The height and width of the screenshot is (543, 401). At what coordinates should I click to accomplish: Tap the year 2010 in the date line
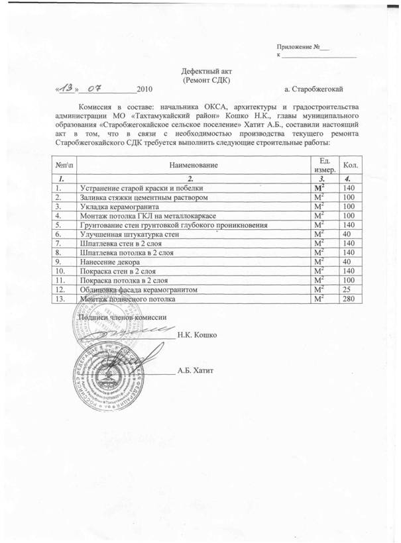coord(144,88)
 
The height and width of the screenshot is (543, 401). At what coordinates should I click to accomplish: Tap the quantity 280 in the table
coord(347,299)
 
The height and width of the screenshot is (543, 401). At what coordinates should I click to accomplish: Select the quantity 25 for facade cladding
coord(346,289)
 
